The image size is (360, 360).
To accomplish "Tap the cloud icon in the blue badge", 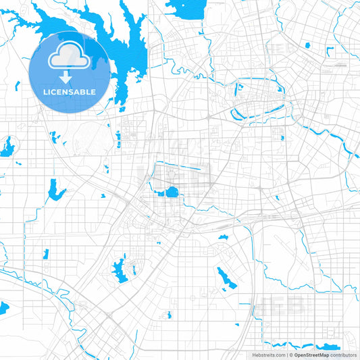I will (70, 57).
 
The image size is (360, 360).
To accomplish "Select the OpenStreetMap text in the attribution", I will (311, 354).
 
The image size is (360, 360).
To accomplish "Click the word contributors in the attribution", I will (343, 354).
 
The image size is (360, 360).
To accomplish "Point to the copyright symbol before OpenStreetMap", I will (290, 354).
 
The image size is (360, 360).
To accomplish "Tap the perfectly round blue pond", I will (172, 192).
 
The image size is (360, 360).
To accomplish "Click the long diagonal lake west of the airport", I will (226, 277).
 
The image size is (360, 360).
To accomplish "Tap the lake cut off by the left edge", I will (5, 309).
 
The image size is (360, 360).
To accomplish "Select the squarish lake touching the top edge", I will (179, 9).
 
